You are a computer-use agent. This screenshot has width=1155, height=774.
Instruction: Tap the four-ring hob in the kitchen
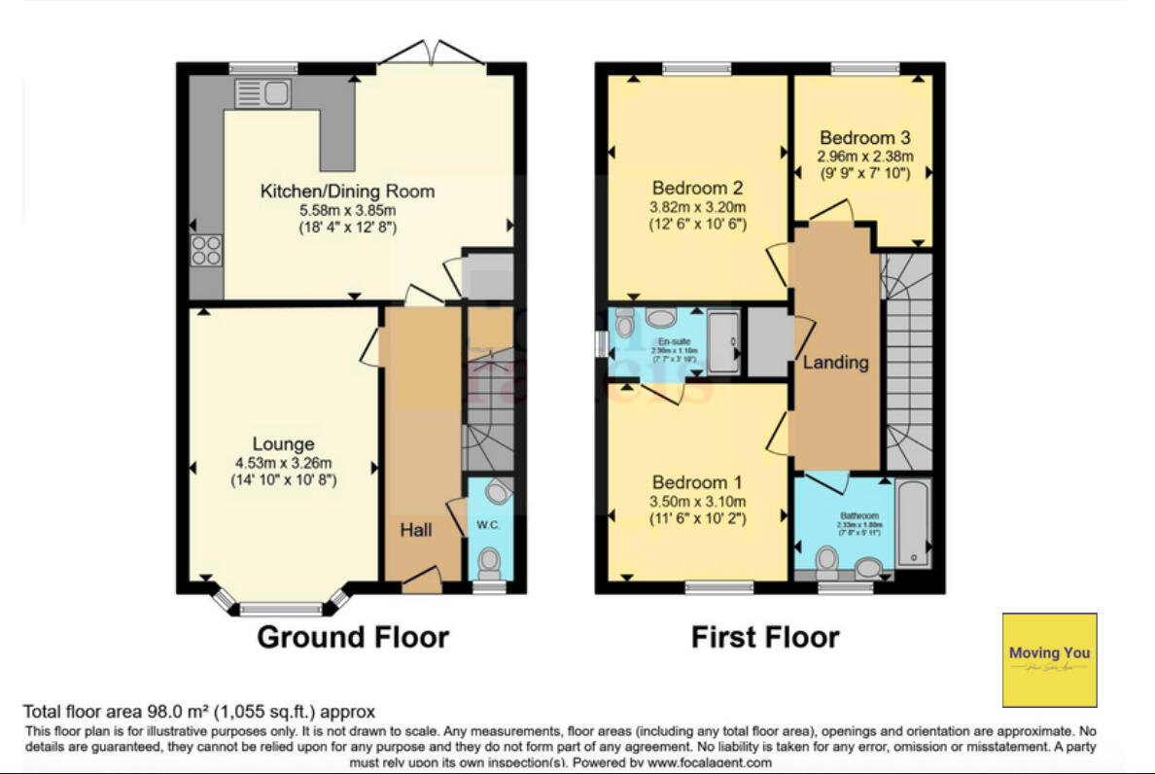tap(206, 251)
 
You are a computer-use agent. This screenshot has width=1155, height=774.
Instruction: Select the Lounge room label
tap(284, 444)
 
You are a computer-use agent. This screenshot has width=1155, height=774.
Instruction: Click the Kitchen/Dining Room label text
tap(347, 191)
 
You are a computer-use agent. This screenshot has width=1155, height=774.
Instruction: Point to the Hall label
tap(417, 530)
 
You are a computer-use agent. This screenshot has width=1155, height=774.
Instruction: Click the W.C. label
tap(487, 526)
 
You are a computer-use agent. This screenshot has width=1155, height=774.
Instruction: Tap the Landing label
tap(835, 363)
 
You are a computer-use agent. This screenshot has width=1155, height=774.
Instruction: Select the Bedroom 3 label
tap(864, 138)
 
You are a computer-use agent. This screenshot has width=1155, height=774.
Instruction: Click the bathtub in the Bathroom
tap(914, 523)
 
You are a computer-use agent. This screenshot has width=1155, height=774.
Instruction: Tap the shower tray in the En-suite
tap(722, 341)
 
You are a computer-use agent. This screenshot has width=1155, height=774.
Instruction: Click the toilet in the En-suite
tap(625, 321)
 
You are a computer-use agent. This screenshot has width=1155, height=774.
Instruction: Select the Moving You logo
tap(1049, 659)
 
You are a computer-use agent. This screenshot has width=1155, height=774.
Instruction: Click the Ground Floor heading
tap(352, 638)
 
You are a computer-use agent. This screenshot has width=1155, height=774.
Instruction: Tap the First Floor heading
tap(765, 638)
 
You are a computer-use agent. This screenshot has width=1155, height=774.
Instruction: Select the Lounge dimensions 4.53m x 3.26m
tap(283, 463)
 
